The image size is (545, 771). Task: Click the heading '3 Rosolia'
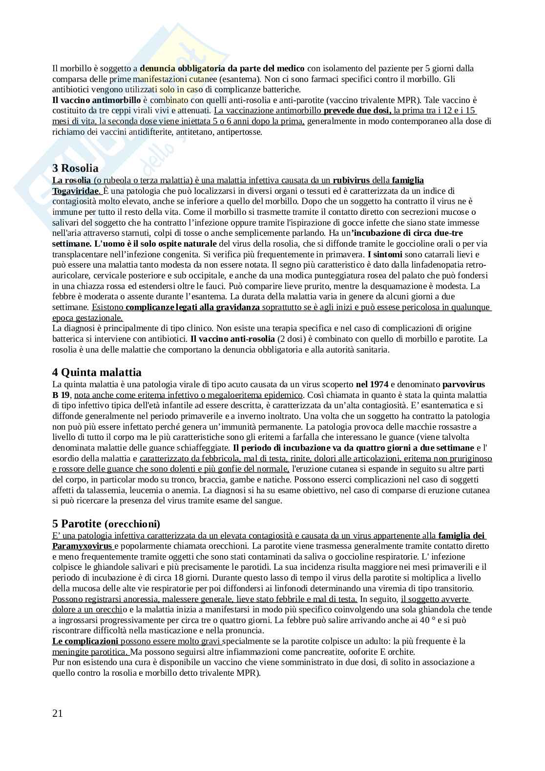(x=75, y=169)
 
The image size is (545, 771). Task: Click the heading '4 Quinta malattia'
(x=97, y=373)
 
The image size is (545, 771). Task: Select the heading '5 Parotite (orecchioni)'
(x=106, y=524)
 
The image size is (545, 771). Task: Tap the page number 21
(x=58, y=713)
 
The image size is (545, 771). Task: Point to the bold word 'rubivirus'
(x=351, y=180)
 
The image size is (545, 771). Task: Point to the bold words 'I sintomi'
(x=385, y=254)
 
